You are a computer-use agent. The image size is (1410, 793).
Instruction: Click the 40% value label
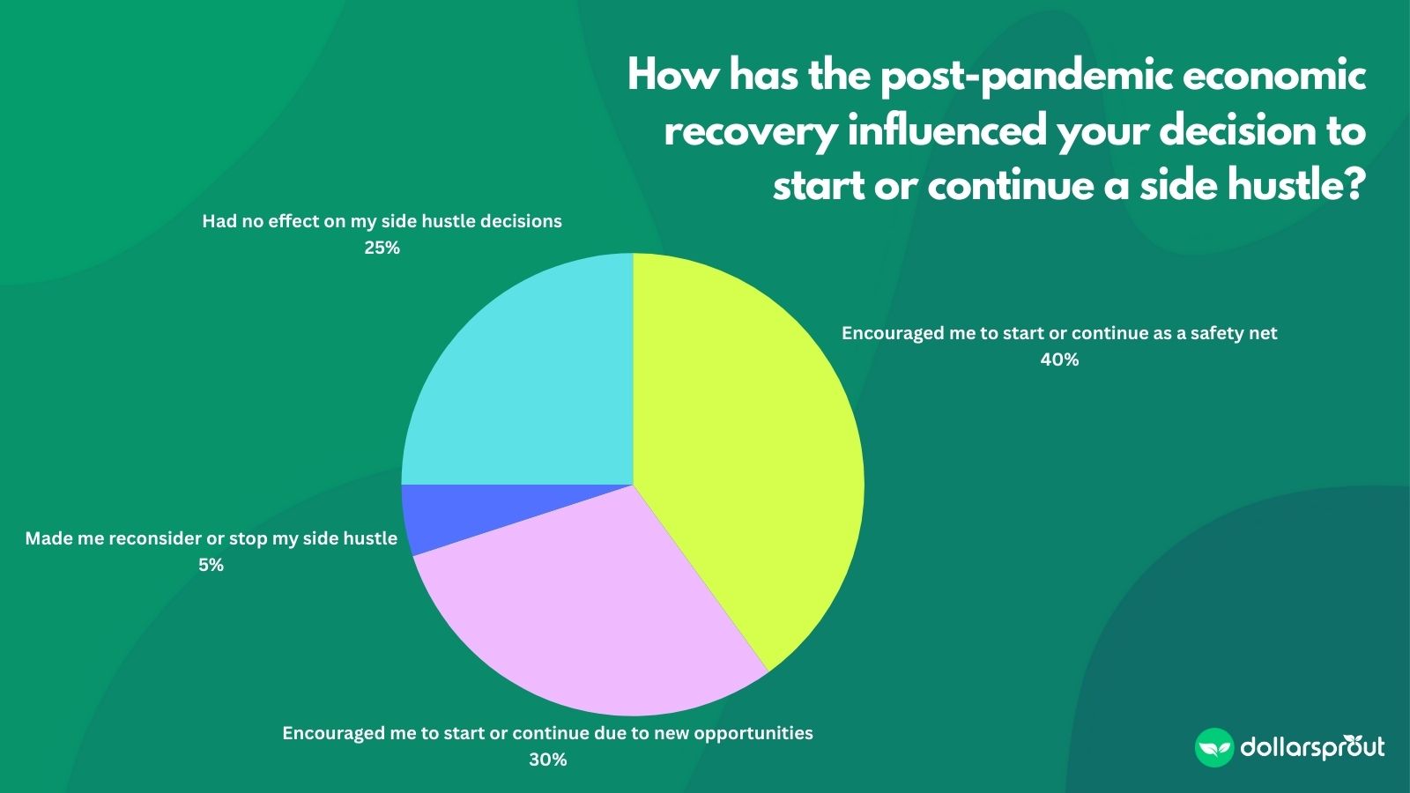1059,359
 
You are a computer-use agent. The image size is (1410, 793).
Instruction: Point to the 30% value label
547,760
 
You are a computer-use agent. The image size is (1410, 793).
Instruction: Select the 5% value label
211,566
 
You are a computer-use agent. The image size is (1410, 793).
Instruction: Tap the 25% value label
382,248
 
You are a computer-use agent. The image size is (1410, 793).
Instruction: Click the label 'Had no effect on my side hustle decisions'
382,221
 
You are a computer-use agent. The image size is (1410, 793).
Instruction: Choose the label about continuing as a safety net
1059,333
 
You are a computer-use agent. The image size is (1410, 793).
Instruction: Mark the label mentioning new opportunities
547,733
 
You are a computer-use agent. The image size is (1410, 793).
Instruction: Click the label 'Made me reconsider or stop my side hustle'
211,538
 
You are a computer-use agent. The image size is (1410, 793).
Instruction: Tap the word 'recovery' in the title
750,132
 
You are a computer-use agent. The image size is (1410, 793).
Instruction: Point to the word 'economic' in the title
1273,76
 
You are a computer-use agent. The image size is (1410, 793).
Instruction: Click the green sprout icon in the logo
1213,748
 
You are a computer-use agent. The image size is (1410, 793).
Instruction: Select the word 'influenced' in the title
946,130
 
